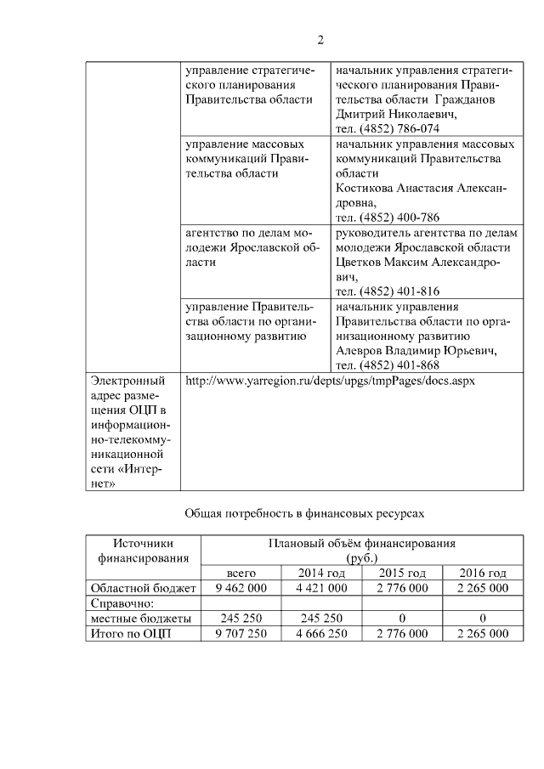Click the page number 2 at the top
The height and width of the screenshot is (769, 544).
pyautogui.click(x=320, y=39)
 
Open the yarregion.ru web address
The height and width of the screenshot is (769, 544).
pyautogui.click(x=330, y=381)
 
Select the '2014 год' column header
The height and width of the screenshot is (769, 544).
pyautogui.click(x=320, y=573)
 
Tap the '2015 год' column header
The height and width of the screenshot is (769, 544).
pyautogui.click(x=401, y=573)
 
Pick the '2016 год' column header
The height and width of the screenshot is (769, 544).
pyautogui.click(x=482, y=573)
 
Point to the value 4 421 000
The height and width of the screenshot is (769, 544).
pyautogui.click(x=321, y=588)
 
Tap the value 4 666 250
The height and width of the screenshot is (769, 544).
pyautogui.click(x=321, y=634)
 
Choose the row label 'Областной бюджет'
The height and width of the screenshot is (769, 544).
pyautogui.click(x=143, y=588)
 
